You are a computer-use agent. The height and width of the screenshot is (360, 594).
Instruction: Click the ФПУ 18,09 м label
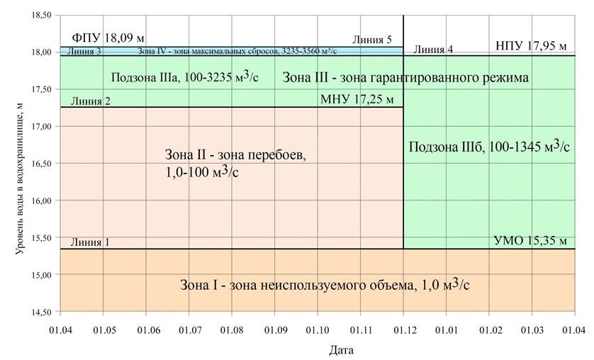pos(108,38)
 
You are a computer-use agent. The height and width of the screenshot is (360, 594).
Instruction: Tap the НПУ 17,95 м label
pos(531,46)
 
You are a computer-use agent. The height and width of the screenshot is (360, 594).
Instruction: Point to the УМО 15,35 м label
pos(530,242)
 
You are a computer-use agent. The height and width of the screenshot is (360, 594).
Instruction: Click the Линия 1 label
pos(85,242)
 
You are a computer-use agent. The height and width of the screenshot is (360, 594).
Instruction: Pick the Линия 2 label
pos(86,101)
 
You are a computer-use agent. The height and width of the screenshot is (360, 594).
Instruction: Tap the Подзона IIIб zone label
pos(490,146)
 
